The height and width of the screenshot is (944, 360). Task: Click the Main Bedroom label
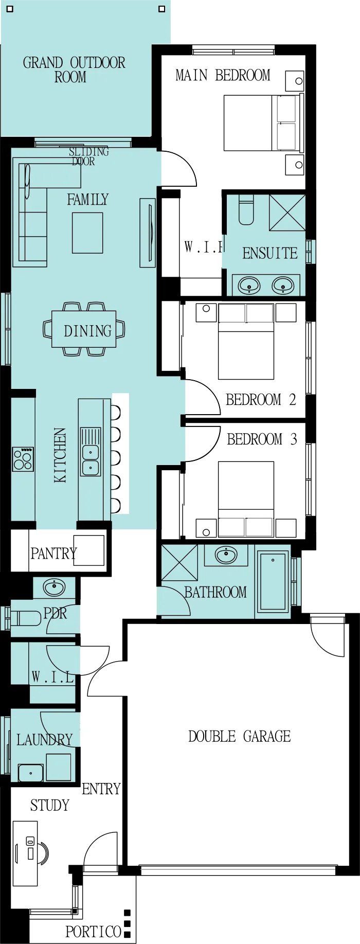click(223, 75)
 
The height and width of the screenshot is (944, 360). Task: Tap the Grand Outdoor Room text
click(74, 70)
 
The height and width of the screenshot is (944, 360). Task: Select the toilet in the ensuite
click(246, 210)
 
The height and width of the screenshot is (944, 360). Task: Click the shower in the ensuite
click(287, 212)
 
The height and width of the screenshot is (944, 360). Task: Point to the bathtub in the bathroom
click(273, 582)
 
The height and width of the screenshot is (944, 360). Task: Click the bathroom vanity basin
click(226, 555)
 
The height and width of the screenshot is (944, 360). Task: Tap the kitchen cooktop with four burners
click(23, 459)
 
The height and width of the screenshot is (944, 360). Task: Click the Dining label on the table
click(87, 331)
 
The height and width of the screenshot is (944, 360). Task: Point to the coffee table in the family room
click(87, 233)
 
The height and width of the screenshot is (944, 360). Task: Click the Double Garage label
click(239, 736)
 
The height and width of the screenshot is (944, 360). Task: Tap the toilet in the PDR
click(26, 617)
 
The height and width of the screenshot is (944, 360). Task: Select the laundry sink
click(31, 773)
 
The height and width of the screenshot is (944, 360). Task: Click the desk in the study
click(25, 853)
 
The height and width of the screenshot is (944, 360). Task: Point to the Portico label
click(93, 932)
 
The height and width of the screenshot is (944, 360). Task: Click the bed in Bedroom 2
click(246, 341)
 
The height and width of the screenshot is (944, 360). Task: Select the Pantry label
click(53, 554)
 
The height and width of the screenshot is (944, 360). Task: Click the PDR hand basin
click(54, 586)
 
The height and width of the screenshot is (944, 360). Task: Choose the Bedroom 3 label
click(262, 439)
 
